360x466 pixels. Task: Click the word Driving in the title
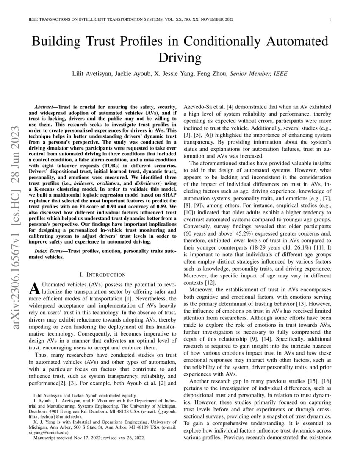tap(180, 58)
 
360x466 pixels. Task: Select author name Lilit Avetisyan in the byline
tap(94, 73)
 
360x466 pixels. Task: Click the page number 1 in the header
tap(329, 20)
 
